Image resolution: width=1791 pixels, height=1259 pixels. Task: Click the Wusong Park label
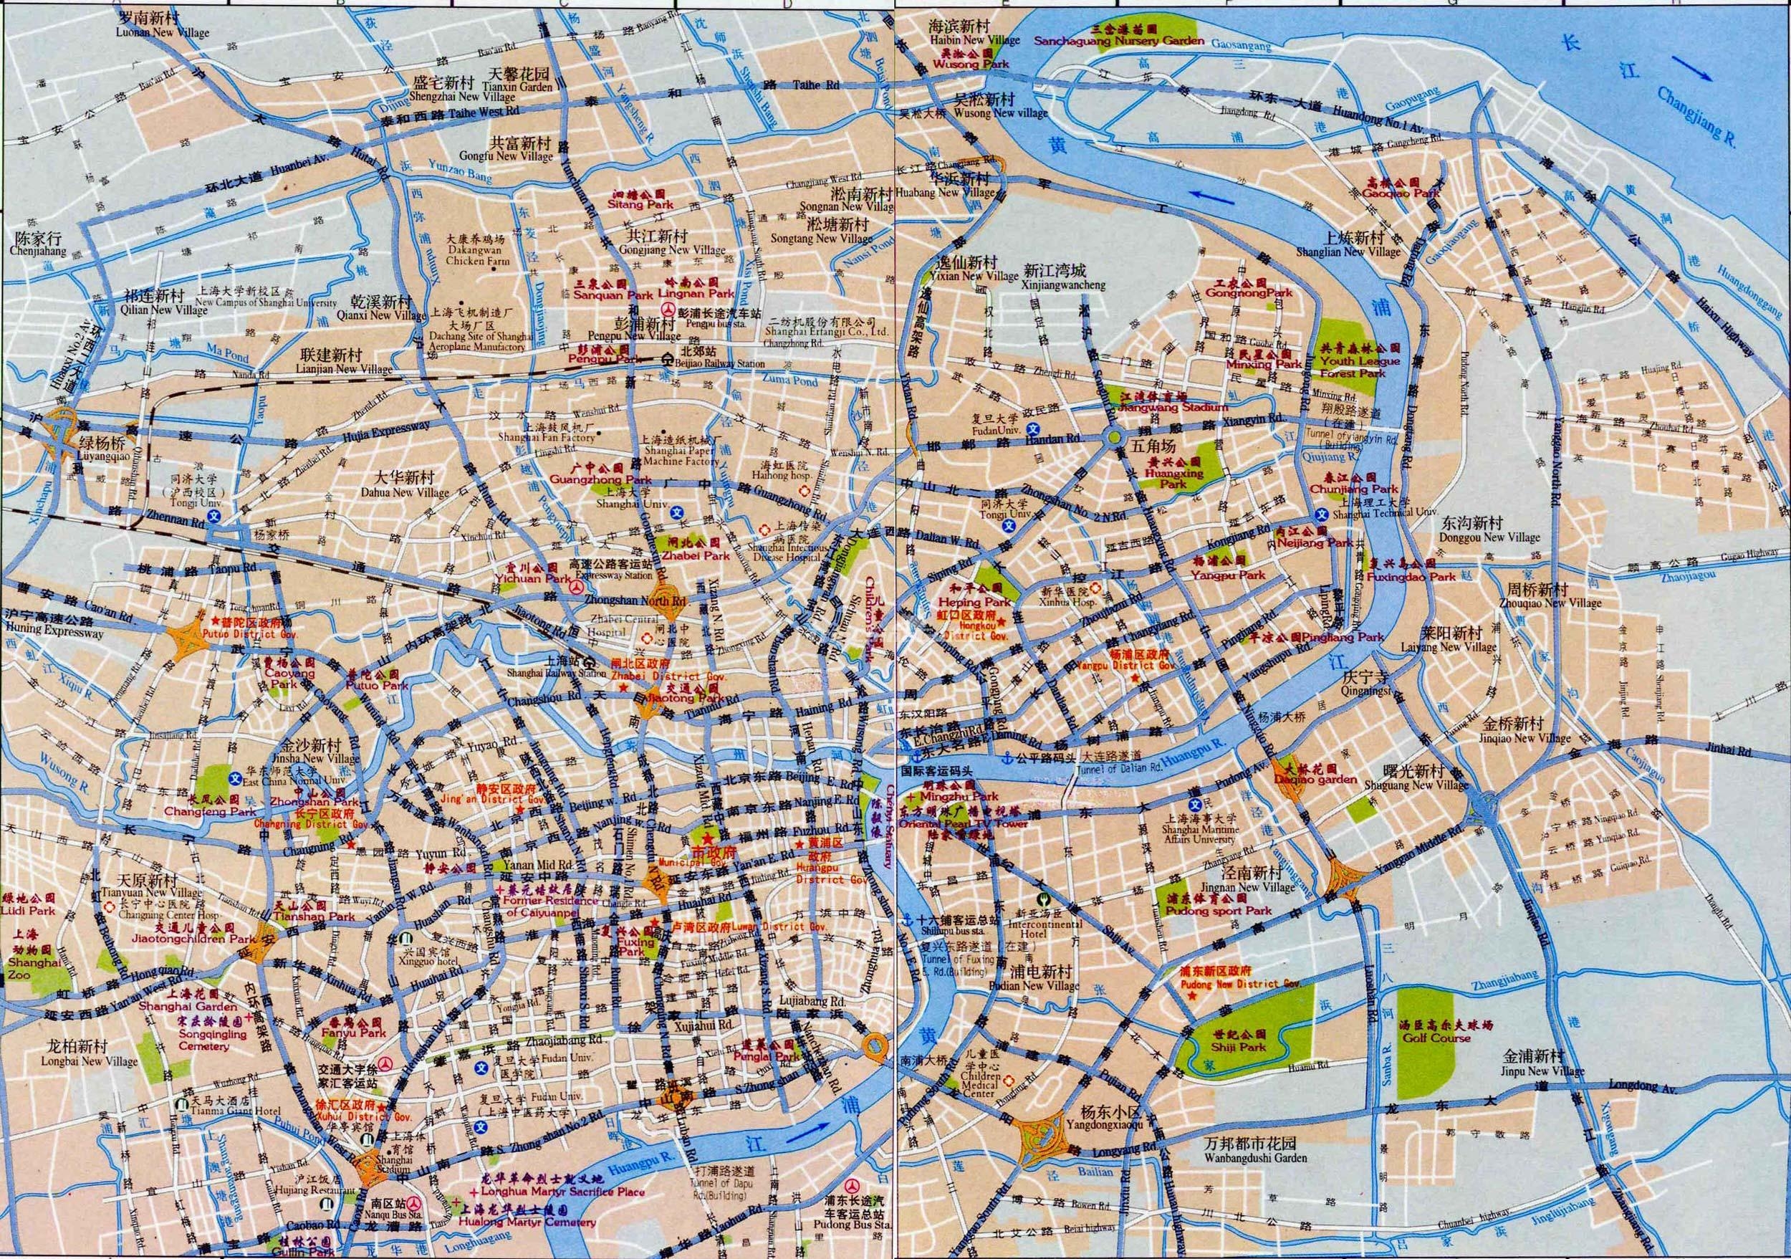971,64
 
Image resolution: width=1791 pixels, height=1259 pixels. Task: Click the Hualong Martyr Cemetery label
527,1222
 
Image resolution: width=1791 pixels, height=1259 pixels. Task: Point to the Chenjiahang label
38,252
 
